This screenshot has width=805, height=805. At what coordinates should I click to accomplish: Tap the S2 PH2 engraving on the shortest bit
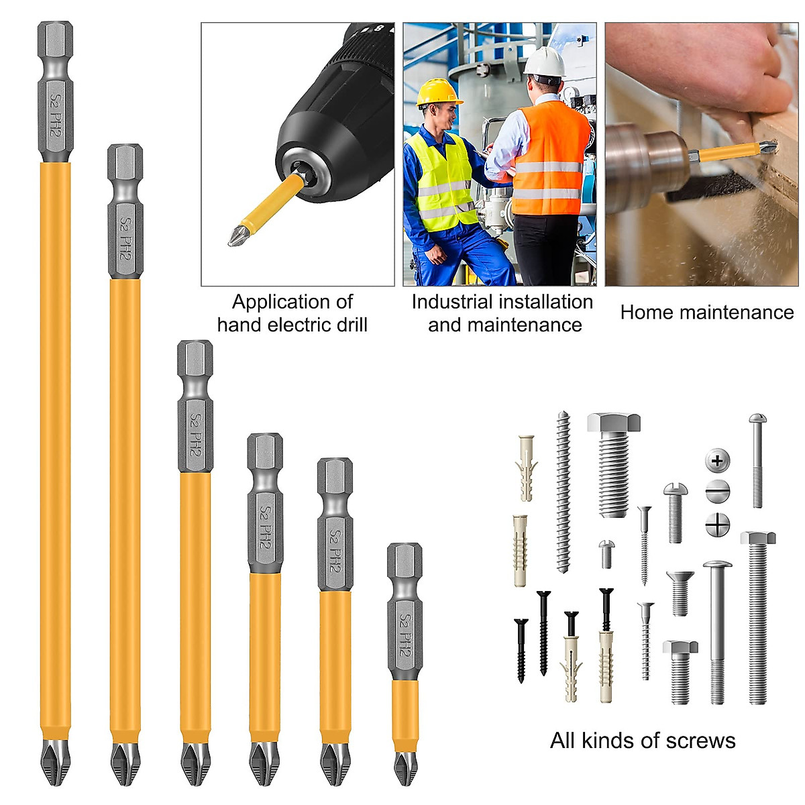(405, 635)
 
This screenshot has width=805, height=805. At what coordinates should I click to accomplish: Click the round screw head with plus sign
(717, 461)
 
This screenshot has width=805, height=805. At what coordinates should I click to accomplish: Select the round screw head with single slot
(717, 492)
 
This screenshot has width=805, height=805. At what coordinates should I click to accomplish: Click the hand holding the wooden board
(711, 74)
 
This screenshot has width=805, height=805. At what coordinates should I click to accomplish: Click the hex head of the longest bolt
(758, 538)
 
